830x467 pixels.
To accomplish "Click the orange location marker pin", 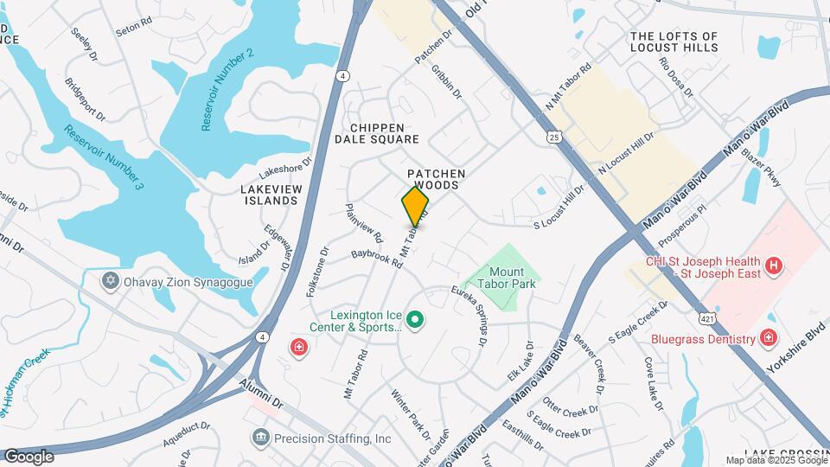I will tap(416, 207).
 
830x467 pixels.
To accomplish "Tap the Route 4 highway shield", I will tap(344, 76).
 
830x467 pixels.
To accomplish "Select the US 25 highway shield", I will tap(554, 137).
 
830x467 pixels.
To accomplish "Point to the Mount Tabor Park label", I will tap(501, 277).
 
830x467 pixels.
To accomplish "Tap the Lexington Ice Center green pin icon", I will tap(415, 321).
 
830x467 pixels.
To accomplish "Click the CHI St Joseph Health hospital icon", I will tap(774, 265).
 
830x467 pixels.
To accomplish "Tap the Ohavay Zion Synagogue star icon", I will tap(110, 281).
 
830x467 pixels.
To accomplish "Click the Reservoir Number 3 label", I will tap(102, 157).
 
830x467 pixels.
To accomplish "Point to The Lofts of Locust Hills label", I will tap(674, 42).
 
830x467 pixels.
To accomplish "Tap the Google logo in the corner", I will tap(29, 456).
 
